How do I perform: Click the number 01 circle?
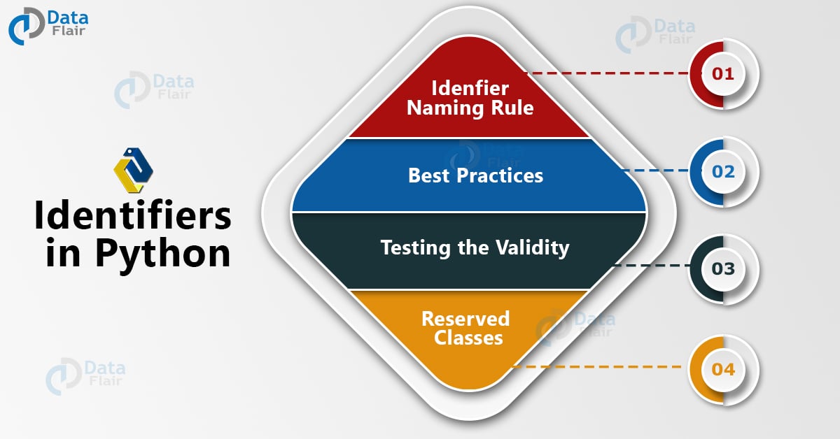click(x=723, y=73)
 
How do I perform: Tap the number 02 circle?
click(x=723, y=171)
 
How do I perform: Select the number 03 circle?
click(x=723, y=268)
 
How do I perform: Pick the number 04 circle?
click(x=723, y=368)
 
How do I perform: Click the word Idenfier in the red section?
click(x=470, y=88)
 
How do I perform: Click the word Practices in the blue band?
click(x=498, y=175)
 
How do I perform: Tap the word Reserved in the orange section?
click(x=465, y=319)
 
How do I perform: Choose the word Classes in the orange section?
click(x=468, y=338)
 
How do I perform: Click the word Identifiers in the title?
click(x=133, y=217)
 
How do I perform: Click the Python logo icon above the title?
click(x=133, y=170)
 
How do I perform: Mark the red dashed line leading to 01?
click(x=609, y=73)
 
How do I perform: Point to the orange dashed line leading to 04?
click(x=595, y=366)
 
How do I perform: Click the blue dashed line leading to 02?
click(x=654, y=170)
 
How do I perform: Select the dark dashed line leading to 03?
click(x=651, y=266)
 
